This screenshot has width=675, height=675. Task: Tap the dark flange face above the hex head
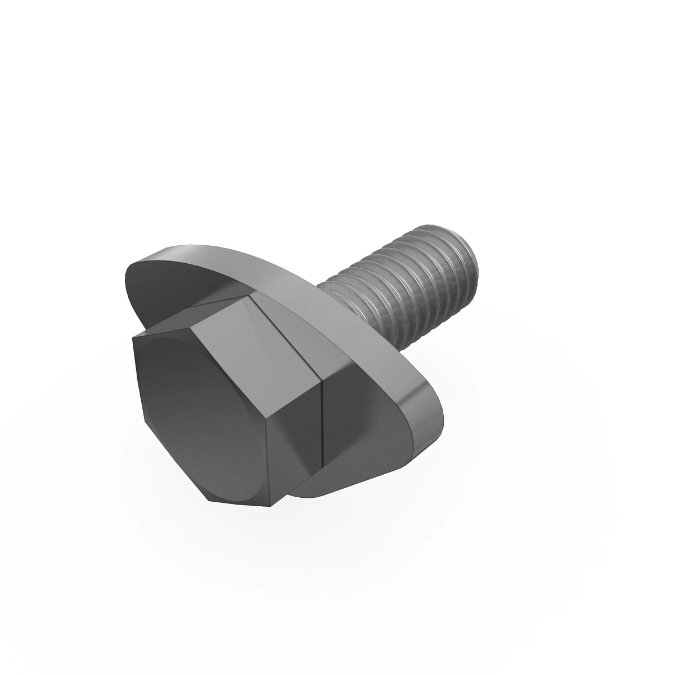(186, 292)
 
